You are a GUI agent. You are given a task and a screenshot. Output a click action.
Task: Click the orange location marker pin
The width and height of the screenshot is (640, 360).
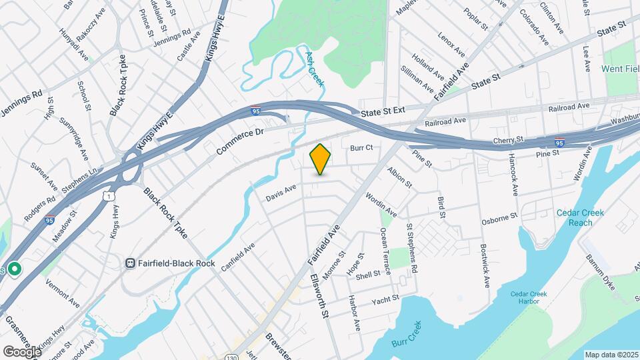(x=321, y=159)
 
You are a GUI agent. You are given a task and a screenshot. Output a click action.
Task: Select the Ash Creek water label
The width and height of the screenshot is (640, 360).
(x=315, y=69)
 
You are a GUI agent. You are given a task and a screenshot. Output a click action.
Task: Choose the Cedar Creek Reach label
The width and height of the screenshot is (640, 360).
(x=581, y=217)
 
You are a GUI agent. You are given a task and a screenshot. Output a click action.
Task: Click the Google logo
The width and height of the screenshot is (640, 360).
(x=22, y=351)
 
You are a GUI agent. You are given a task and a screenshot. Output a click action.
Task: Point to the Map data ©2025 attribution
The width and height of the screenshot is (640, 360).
(x=611, y=355)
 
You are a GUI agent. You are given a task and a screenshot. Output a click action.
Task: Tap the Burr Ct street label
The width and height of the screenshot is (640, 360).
(x=361, y=147)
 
